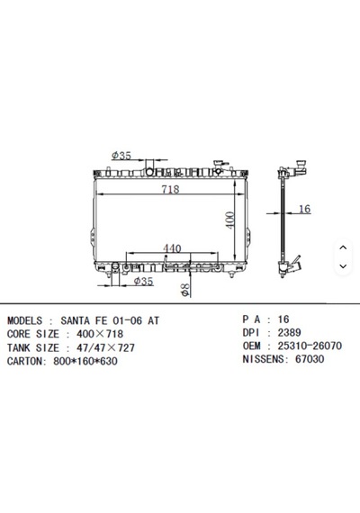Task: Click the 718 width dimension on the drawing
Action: click(x=170, y=189)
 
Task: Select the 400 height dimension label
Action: click(x=230, y=220)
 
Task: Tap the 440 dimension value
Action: click(x=172, y=248)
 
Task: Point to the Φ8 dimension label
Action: click(x=185, y=290)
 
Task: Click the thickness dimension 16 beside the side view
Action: click(x=305, y=209)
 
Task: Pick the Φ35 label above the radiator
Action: click(x=121, y=156)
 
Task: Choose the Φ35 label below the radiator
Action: click(x=144, y=281)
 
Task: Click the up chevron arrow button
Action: click(x=343, y=247)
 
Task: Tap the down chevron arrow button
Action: click(x=343, y=266)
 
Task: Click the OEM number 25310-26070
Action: click(x=310, y=346)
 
